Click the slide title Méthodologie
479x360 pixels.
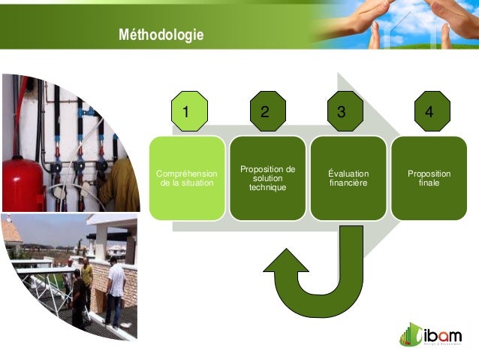(x=161, y=35)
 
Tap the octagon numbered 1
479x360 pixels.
(x=186, y=112)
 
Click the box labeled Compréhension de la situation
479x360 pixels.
(x=186, y=178)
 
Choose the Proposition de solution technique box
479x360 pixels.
(x=267, y=178)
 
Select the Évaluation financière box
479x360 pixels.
(x=348, y=178)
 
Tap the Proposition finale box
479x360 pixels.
(x=429, y=178)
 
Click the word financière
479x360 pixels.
(x=348, y=183)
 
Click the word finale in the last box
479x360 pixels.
(x=429, y=183)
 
